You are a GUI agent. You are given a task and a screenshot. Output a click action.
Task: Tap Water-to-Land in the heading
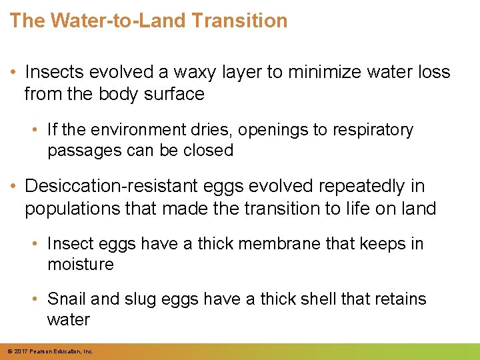(117, 21)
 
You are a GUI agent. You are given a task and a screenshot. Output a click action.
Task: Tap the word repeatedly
(371, 187)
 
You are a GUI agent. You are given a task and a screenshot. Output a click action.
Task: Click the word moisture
(81, 265)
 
